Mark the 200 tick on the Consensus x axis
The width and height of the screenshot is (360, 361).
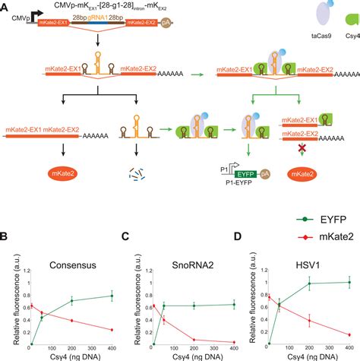coord(71,349)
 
